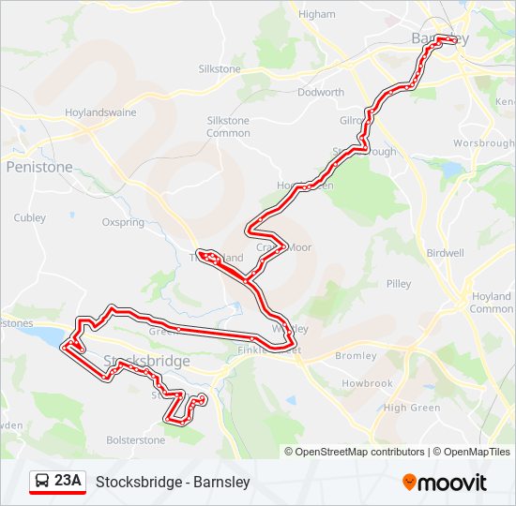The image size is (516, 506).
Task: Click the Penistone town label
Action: click(38, 167)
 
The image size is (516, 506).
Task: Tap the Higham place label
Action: click(316, 14)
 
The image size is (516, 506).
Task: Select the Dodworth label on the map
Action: click(320, 93)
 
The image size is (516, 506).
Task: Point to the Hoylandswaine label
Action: click(100, 112)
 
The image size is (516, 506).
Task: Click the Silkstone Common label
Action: click(228, 126)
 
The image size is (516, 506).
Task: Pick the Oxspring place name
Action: click(124, 223)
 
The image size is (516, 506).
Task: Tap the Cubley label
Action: click(29, 217)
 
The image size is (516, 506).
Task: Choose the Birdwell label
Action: click(445, 253)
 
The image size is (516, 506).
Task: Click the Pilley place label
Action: click(398, 283)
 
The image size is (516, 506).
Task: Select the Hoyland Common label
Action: click(491, 303)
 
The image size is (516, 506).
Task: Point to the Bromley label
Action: click(356, 356)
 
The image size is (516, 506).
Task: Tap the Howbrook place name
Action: click(367, 384)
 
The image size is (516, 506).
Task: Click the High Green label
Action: click(412, 408)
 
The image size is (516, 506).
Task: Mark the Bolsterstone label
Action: click(135, 439)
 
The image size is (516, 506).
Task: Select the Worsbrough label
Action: click(484, 143)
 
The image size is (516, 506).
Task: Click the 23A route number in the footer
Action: click(68, 482)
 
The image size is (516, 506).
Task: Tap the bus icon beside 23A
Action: click(42, 482)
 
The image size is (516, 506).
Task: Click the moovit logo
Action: click(445, 483)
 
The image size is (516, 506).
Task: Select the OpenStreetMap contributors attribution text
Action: click(359, 452)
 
